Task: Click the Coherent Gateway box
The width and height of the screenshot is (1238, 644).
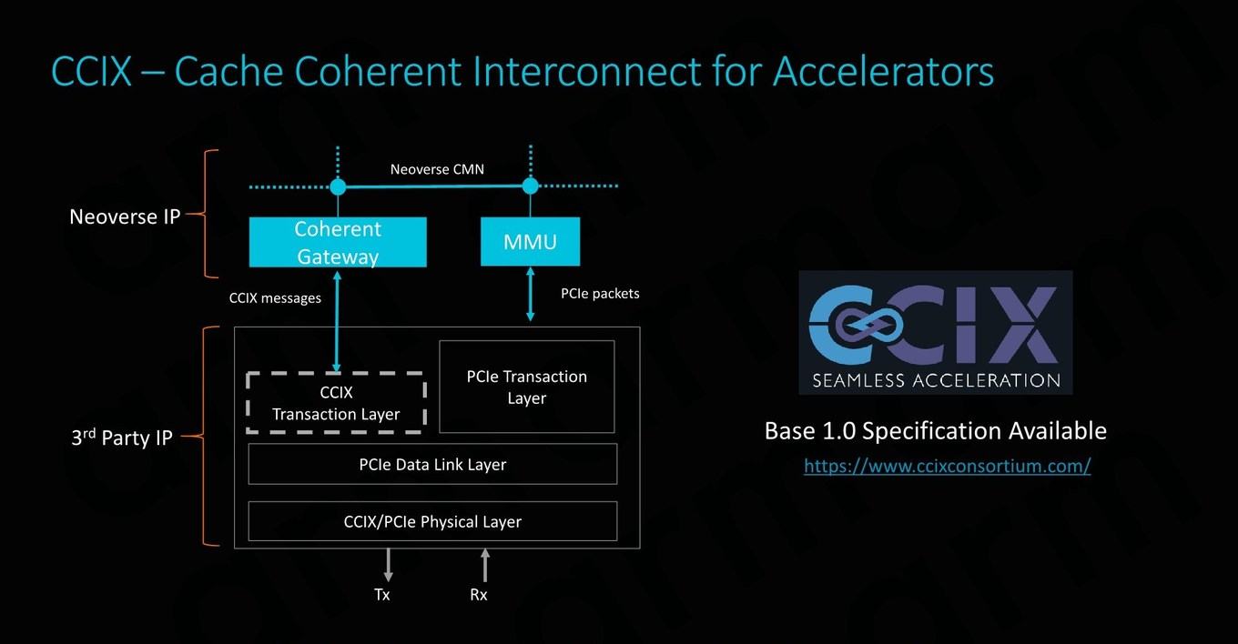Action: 338,242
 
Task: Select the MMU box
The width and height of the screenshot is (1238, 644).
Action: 530,241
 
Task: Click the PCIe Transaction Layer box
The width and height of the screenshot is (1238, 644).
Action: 527,387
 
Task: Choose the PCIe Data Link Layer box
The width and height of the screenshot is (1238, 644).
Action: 432,464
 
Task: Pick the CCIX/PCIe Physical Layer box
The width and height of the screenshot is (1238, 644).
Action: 432,521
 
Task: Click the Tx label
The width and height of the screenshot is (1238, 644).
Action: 382,594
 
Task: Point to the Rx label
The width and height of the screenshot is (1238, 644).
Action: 479,594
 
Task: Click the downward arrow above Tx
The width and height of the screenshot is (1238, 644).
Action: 389,565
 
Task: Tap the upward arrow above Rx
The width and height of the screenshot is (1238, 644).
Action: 485,565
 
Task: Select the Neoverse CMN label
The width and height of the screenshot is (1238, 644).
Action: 437,169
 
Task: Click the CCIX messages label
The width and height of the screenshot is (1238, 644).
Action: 275,298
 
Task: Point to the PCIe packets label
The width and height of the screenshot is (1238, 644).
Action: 600,293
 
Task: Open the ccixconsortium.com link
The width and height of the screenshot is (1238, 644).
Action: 948,466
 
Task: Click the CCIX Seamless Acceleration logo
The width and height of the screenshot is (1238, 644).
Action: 936,333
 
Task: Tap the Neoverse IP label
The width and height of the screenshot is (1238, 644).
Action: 125,216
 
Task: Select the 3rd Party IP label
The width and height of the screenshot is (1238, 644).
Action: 122,438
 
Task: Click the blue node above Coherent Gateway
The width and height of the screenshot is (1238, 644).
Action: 338,186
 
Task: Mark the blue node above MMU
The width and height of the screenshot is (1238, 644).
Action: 530,186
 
